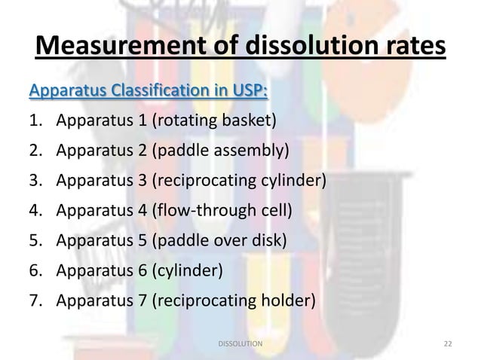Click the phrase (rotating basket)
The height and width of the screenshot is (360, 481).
click(215, 121)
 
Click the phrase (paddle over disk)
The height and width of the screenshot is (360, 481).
click(221, 242)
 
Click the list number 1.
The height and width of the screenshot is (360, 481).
click(34, 121)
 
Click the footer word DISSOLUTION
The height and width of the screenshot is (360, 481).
click(240, 343)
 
